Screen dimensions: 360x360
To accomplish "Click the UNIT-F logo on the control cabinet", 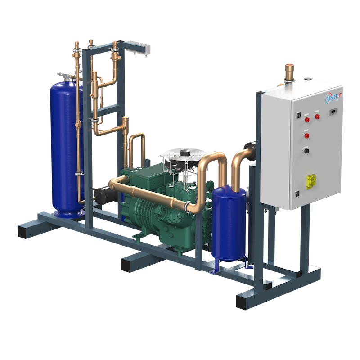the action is pyautogui.click(x=333, y=97).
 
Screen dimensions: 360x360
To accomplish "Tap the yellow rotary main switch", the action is pyautogui.click(x=311, y=181).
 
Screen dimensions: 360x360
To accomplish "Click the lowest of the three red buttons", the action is pyautogui.click(x=307, y=135).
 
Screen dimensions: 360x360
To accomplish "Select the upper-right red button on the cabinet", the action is pyautogui.click(x=317, y=117).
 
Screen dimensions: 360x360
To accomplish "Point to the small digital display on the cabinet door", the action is pyautogui.click(x=333, y=112).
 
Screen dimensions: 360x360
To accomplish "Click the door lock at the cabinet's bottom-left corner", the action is pyautogui.click(x=297, y=194).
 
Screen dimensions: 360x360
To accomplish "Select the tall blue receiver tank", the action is pyautogui.click(x=66, y=148).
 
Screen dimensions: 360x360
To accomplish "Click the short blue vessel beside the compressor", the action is pyautogui.click(x=229, y=223).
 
